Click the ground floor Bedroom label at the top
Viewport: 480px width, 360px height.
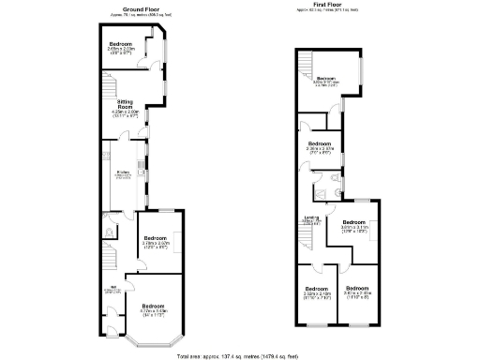121,45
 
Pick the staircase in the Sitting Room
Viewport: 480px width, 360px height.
110,91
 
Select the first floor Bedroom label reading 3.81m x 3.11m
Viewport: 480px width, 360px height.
353,222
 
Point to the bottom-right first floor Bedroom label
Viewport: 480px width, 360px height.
357,289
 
